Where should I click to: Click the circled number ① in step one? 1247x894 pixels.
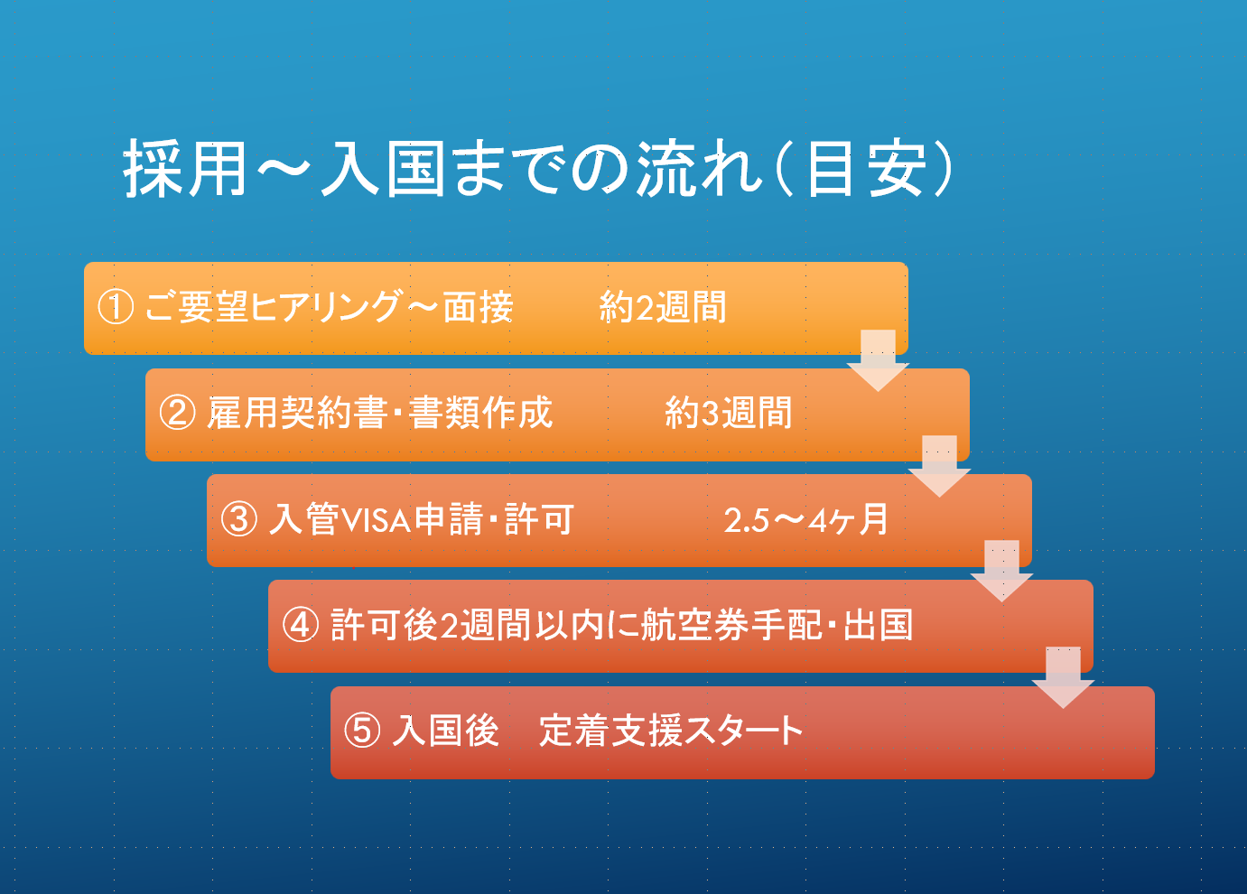(x=116, y=307)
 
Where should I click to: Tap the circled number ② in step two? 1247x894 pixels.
(x=178, y=413)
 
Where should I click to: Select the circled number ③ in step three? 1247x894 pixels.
(x=239, y=519)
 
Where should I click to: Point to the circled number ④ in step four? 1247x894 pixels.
(x=301, y=625)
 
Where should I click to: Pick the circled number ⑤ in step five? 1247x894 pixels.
(x=362, y=731)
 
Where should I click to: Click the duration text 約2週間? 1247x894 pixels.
(x=663, y=307)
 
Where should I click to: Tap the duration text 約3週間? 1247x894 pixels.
(x=729, y=413)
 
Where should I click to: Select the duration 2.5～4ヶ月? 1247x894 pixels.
(x=805, y=519)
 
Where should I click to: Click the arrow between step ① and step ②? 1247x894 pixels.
(x=879, y=360)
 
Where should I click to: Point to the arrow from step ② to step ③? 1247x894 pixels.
(x=940, y=466)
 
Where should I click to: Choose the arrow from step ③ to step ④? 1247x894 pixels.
(x=1002, y=571)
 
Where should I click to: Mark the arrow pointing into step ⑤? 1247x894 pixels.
(x=1064, y=677)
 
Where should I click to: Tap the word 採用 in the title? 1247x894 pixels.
(x=184, y=168)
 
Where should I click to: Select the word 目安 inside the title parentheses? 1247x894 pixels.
(x=866, y=168)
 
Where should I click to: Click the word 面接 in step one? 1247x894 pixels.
(x=479, y=307)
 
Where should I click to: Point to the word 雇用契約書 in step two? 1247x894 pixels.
(x=297, y=413)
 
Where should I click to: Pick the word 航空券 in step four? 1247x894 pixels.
(x=694, y=625)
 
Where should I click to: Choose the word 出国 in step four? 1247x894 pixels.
(x=879, y=625)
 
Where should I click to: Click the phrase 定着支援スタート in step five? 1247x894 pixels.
(x=671, y=731)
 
